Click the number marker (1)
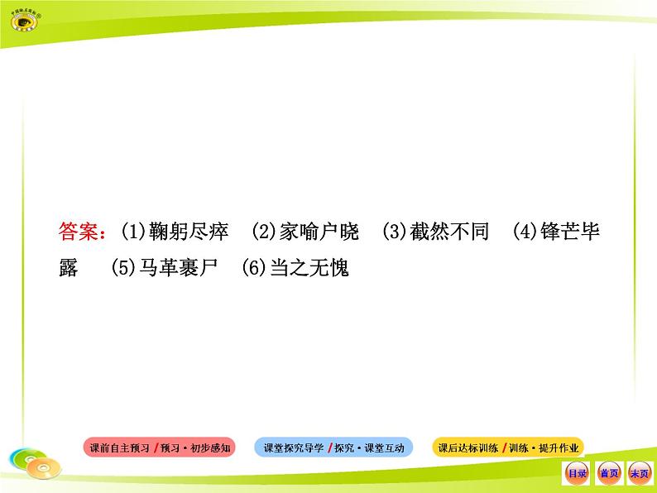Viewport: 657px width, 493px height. pos(134,232)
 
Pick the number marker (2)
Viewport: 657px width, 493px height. pos(265,232)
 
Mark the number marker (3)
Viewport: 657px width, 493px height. pos(396,232)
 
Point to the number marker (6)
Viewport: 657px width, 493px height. pos(256,269)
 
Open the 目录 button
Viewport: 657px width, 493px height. pos(577,473)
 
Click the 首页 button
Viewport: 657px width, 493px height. pos(608,473)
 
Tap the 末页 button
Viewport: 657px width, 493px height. pos(639,473)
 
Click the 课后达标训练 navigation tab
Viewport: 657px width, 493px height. pos(508,448)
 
